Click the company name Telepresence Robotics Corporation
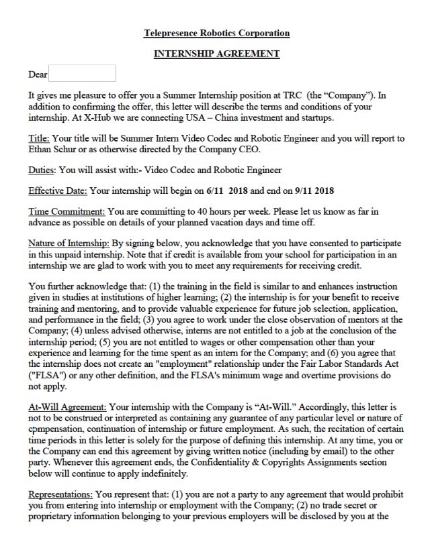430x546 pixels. click(216, 33)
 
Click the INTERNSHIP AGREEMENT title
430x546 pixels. click(216, 54)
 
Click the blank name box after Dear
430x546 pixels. click(83, 74)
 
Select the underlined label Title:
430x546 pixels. click(39, 139)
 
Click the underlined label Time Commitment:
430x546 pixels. click(67, 211)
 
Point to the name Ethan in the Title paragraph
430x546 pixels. click(41, 149)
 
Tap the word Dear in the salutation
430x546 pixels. click(38, 74)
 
